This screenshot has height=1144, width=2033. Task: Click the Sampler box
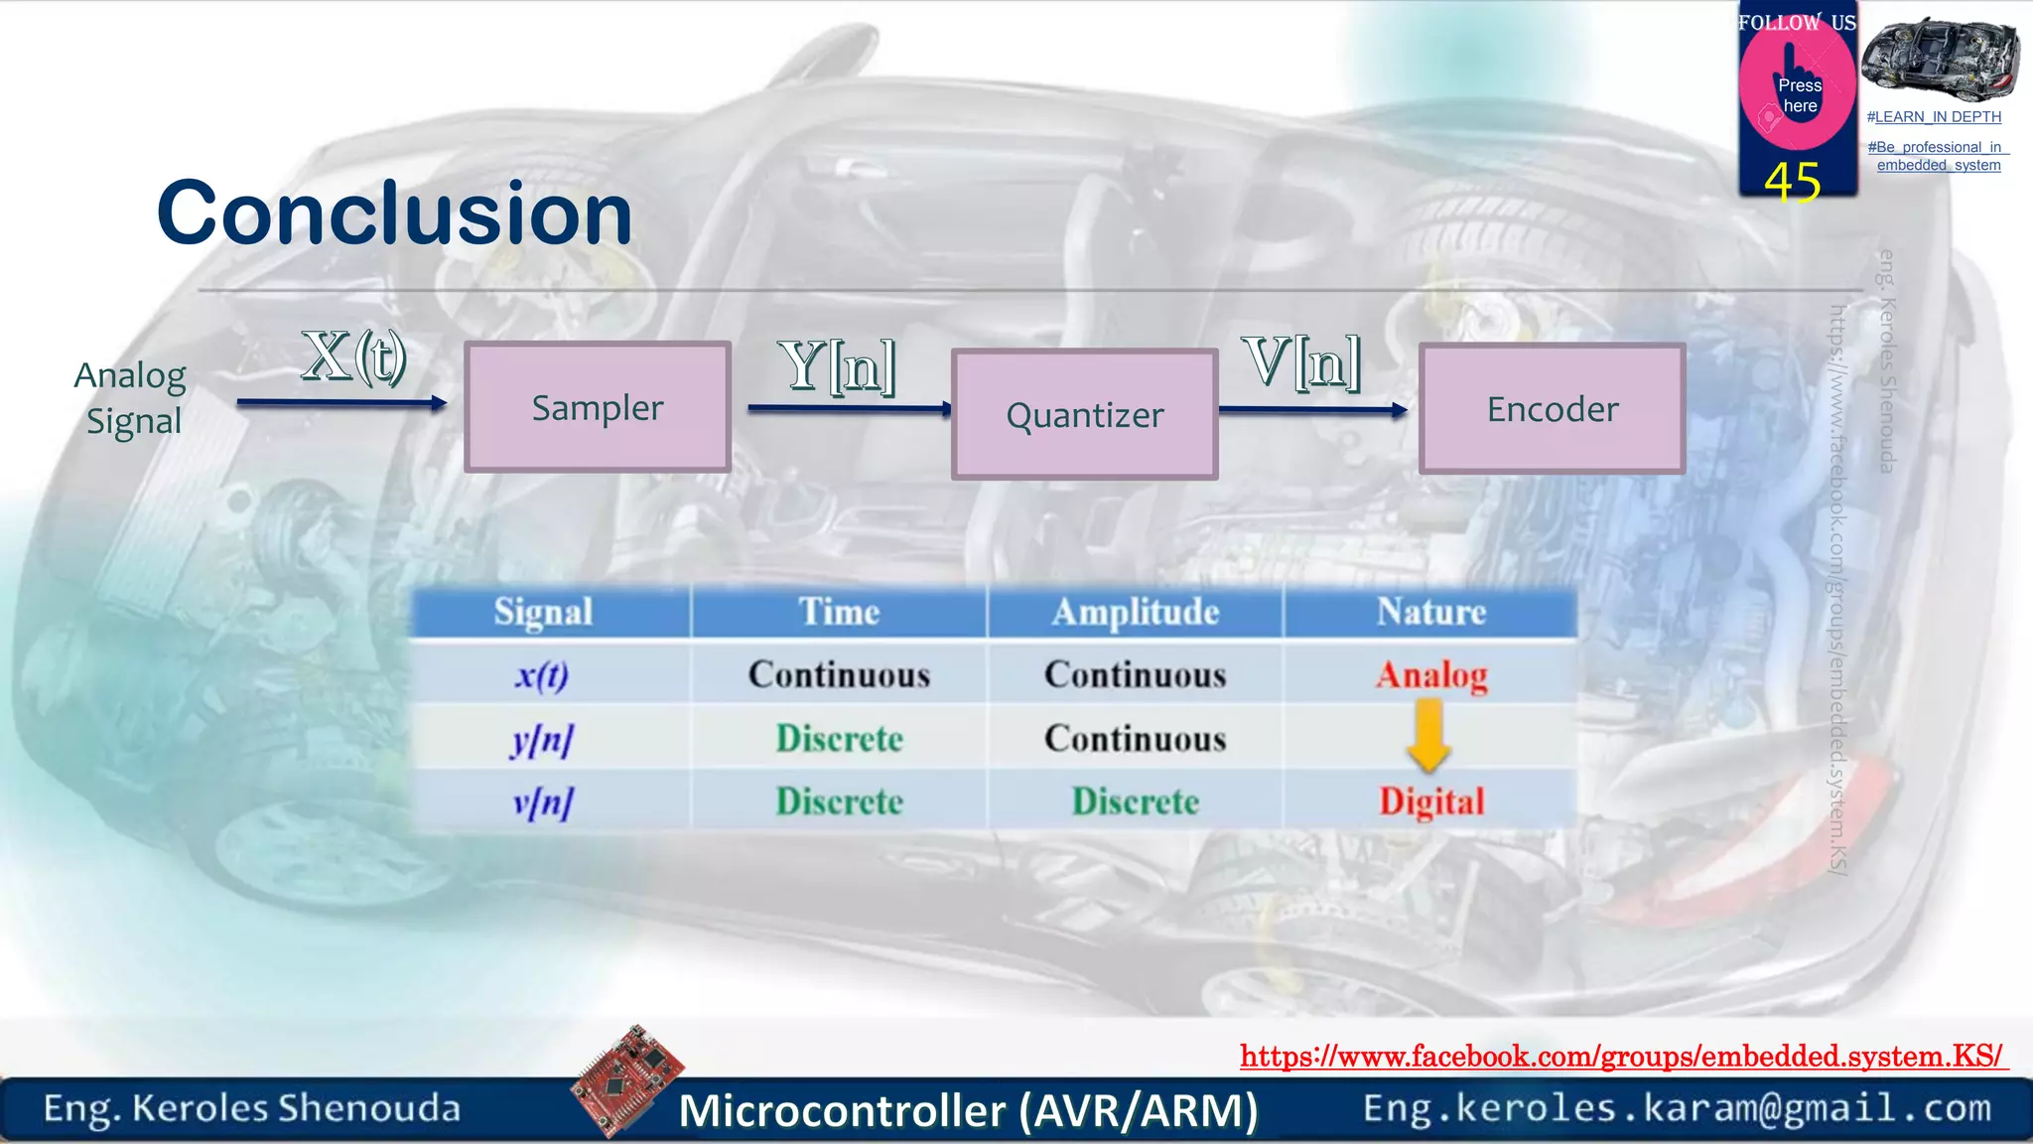tap(598, 407)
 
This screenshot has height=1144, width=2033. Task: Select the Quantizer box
tap(1084, 415)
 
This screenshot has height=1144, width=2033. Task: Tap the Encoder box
tap(1552, 409)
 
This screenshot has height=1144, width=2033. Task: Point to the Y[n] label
tap(837, 364)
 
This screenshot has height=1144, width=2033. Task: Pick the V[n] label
tap(1300, 361)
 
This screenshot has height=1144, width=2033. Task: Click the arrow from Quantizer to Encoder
tap(1312, 409)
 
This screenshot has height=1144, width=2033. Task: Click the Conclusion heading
tap(394, 214)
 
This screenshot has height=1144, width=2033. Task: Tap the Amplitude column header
tap(1135, 612)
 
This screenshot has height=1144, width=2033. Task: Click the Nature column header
tap(1430, 612)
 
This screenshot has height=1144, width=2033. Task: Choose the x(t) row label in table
tap(542, 675)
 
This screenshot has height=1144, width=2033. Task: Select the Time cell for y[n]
tap(839, 739)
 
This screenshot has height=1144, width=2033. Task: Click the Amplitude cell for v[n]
tap(1135, 801)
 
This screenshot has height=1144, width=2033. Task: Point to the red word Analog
tap(1430, 675)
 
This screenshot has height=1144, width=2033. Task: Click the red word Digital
tap(1430, 801)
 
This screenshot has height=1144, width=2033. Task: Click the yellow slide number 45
tap(1792, 183)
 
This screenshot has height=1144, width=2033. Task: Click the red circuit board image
tap(627, 1079)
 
